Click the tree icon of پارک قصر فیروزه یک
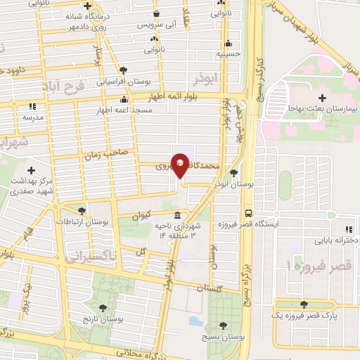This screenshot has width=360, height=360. tap(304, 304)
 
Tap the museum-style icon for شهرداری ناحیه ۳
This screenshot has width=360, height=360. tap(175, 214)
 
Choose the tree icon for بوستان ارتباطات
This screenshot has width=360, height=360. tap(82, 210)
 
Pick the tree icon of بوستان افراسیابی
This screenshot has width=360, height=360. tap(124, 69)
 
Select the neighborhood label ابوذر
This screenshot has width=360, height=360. tap(210, 77)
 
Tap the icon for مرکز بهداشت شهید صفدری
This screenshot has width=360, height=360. tap(31, 169)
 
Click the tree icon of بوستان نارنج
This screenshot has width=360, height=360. tap(104, 307)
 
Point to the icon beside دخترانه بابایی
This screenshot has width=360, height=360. tap(348, 229)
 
